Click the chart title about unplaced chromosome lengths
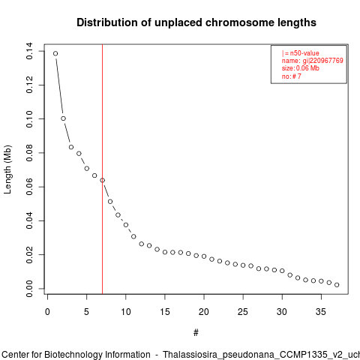[196, 22]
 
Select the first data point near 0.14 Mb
[55, 53]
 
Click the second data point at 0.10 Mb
[63, 118]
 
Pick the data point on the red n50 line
[102, 180]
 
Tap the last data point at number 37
[337, 285]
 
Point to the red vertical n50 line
[102, 169]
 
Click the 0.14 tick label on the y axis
[29, 51]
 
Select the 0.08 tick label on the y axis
[29, 153]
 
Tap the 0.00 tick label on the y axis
[29, 289]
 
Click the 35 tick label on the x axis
[321, 312]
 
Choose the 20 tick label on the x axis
[204, 312]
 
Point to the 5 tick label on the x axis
[86, 312]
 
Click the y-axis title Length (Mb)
[7, 169]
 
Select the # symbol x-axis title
[196, 333]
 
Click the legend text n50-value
[304, 53]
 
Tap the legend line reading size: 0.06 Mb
[301, 68]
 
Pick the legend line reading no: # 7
[292, 76]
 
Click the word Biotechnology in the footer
[97, 355]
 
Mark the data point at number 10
[126, 225]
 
